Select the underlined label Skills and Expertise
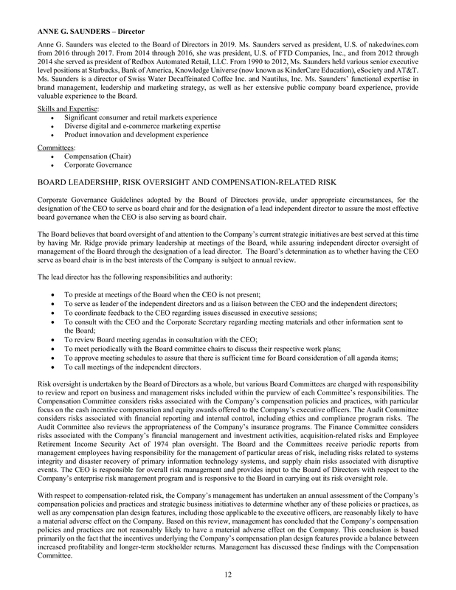(x=62, y=108)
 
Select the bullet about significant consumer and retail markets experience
(x=141, y=118)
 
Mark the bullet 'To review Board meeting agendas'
(x=155, y=340)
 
